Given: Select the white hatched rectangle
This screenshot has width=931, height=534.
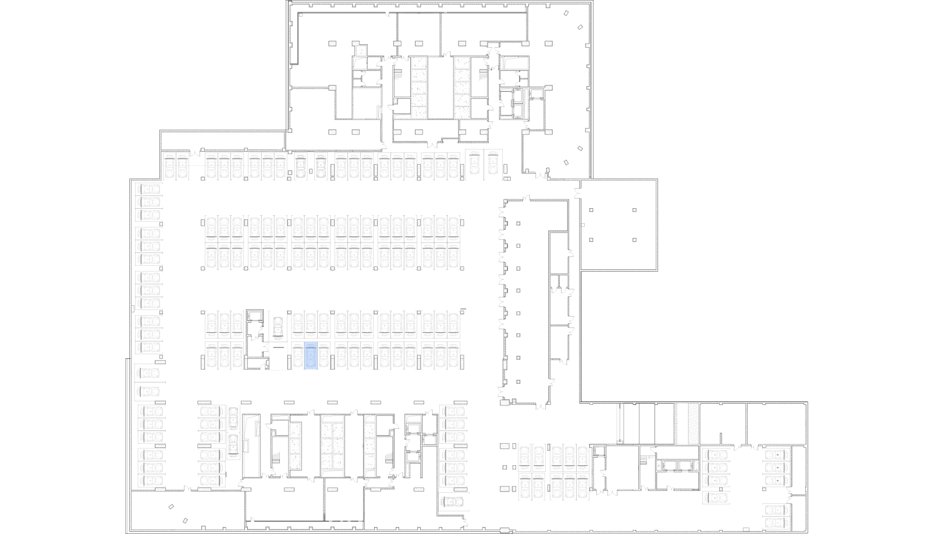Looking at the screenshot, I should pos(693,423).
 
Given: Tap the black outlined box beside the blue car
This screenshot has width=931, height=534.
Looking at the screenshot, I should pos(278,356).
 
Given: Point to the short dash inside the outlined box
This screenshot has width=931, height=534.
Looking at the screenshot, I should pos(279,348).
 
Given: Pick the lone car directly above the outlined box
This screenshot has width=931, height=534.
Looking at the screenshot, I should pos(278,328).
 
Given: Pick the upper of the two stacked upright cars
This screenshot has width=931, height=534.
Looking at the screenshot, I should pos(233,418).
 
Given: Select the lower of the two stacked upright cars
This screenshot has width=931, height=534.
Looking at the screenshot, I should pos(233,445).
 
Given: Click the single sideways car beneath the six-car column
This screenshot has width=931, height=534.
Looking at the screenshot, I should pos(453,501).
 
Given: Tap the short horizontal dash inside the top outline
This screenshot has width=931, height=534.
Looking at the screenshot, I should pos(433,56).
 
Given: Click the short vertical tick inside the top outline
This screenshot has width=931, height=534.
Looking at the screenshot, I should pos(353,62).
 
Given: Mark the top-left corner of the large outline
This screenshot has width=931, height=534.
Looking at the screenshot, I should pos(297,13).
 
